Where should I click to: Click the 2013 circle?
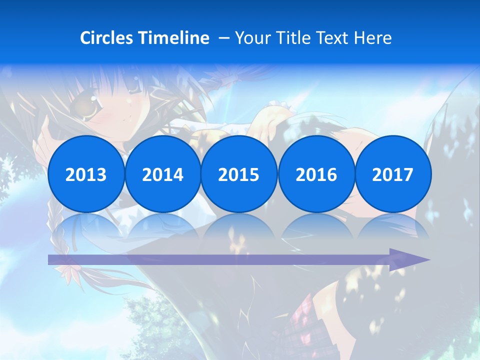(x=86, y=174)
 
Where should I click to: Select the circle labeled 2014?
(x=162, y=174)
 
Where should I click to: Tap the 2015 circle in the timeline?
(x=239, y=174)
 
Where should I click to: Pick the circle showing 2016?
(x=316, y=174)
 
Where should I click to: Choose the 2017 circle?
(x=392, y=174)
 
